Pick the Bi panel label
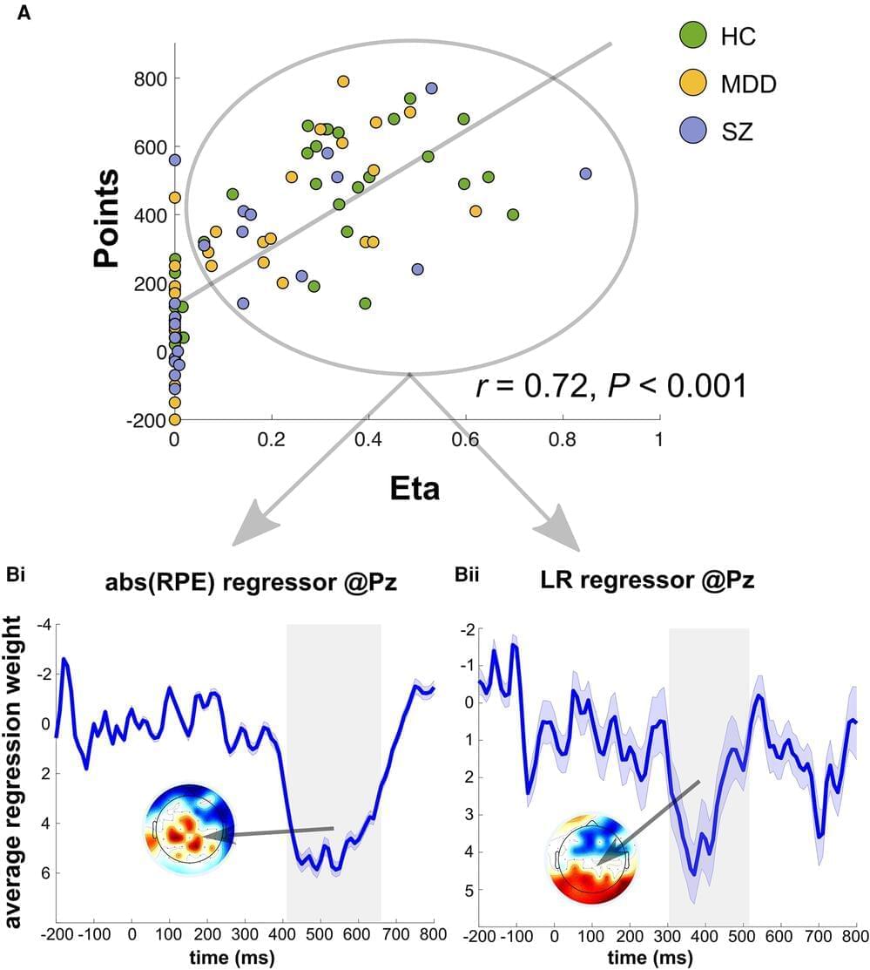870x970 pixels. pos(19,574)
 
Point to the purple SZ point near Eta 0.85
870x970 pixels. pos(585,173)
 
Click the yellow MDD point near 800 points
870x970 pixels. pos(343,81)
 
